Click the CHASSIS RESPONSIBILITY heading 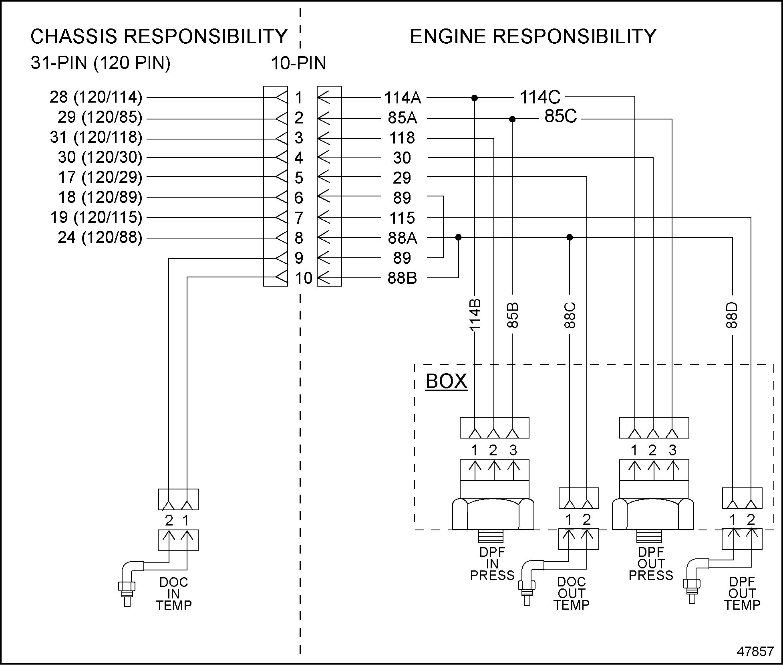[x=159, y=36]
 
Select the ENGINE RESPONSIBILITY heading [x=533, y=36]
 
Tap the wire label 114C [x=540, y=97]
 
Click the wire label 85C [x=560, y=117]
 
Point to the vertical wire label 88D [x=731, y=315]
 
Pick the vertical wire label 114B [x=475, y=315]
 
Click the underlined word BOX [x=446, y=381]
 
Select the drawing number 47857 [x=755, y=651]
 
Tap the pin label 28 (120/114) [x=96, y=97]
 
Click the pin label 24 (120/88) [x=100, y=237]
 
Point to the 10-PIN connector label [x=298, y=63]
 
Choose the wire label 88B [x=402, y=278]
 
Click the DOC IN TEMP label [x=173, y=594]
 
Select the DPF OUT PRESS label [x=651, y=564]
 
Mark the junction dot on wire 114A [x=475, y=98]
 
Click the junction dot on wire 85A [x=512, y=119]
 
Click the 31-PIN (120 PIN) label [x=101, y=63]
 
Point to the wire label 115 [x=402, y=218]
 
